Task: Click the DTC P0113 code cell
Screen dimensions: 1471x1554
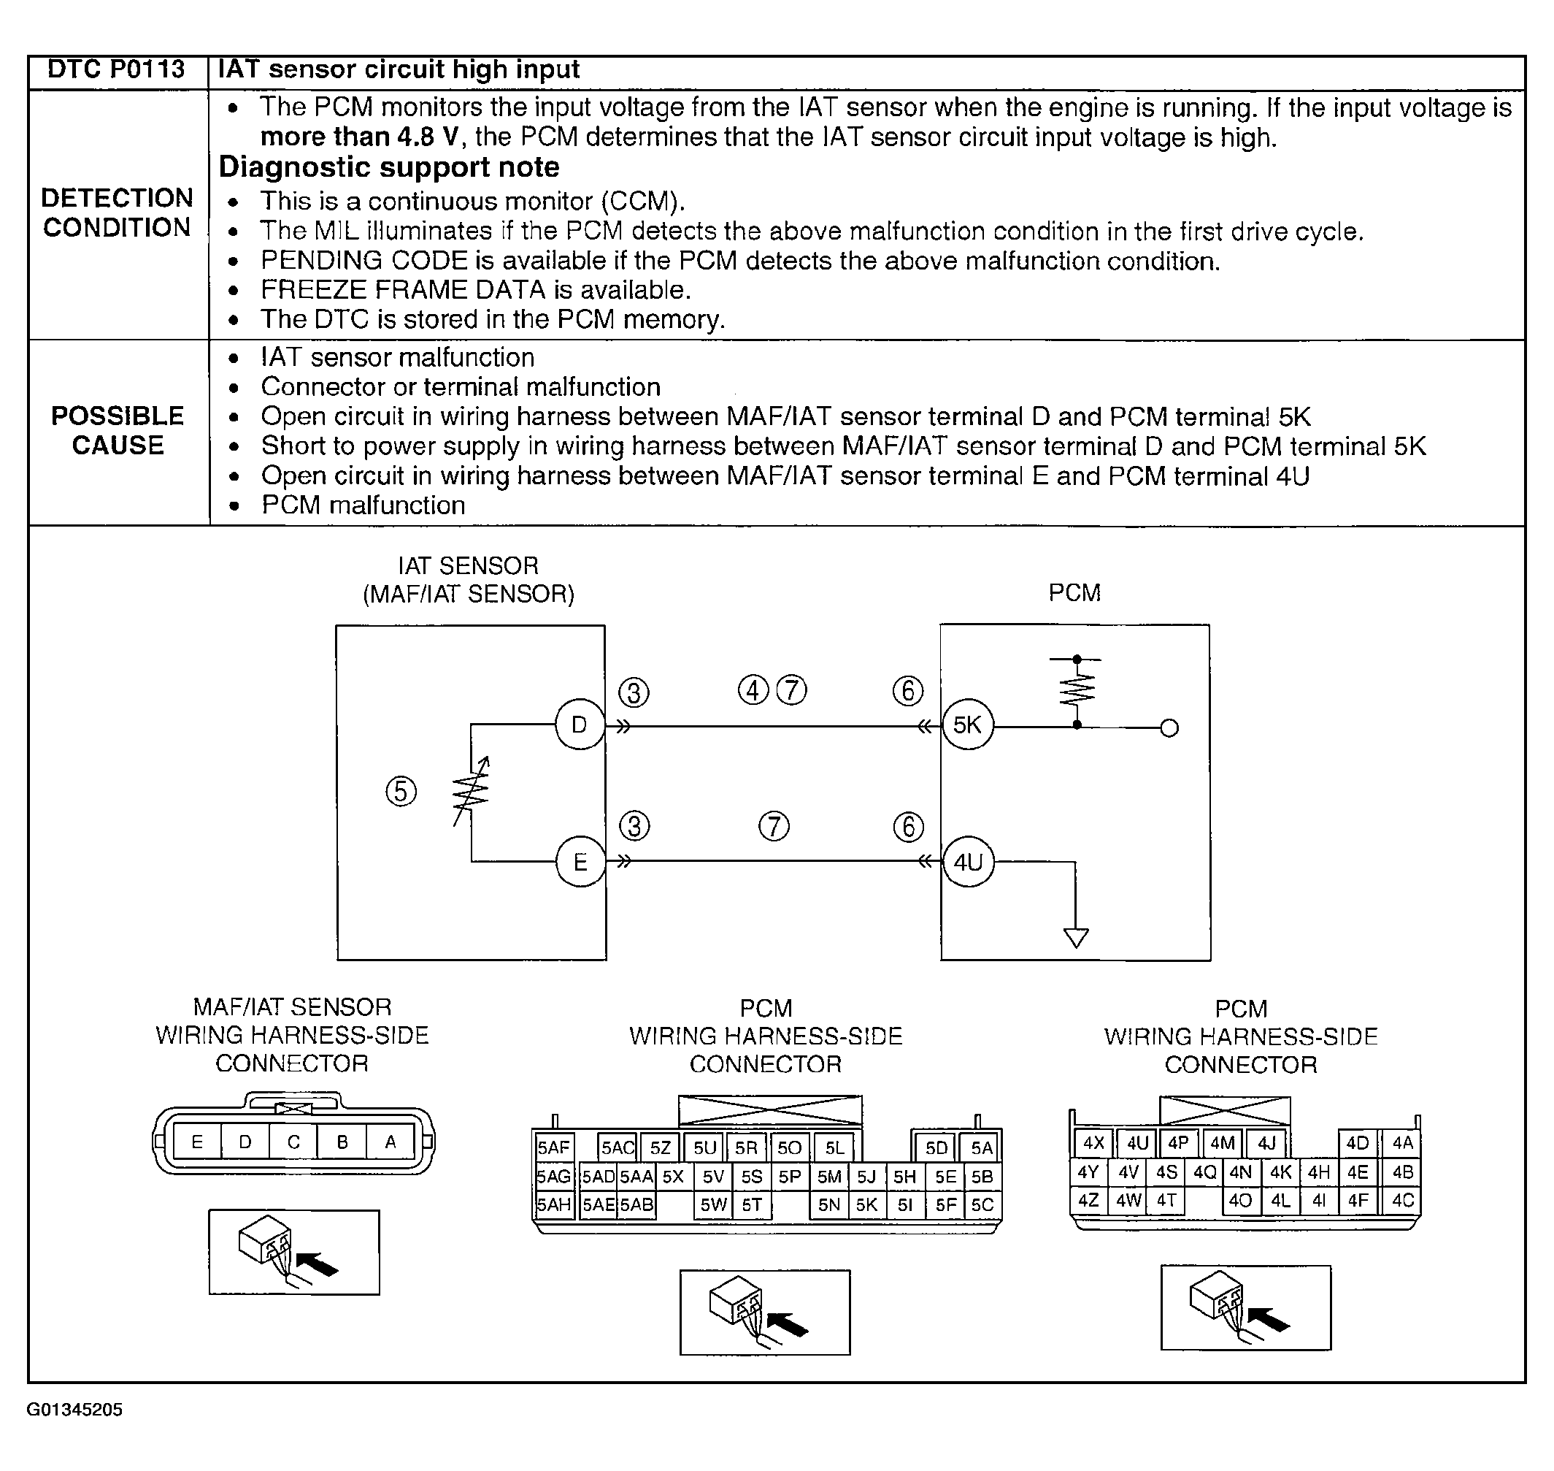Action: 116,71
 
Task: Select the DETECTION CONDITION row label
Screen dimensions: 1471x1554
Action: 117,213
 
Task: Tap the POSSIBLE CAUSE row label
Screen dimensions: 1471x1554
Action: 118,430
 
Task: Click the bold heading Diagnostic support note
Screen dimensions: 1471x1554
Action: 389,167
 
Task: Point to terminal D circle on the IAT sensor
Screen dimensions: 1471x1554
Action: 579,725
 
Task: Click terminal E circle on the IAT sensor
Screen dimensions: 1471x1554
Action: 580,863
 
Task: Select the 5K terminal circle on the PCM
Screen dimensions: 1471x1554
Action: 967,725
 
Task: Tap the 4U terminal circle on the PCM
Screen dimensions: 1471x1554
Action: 968,863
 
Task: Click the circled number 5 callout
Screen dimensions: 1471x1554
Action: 401,791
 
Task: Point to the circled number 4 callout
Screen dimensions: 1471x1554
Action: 753,691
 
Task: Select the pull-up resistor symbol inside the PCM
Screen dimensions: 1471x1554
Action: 1077,690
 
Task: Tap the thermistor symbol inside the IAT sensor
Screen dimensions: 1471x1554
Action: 471,792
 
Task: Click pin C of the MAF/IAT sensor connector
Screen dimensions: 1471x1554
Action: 293,1142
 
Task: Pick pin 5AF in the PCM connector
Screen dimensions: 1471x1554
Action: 553,1148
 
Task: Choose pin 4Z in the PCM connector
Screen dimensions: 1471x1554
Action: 1088,1201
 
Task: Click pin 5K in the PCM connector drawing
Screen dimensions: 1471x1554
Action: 866,1204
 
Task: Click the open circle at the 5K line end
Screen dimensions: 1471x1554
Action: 1169,728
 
